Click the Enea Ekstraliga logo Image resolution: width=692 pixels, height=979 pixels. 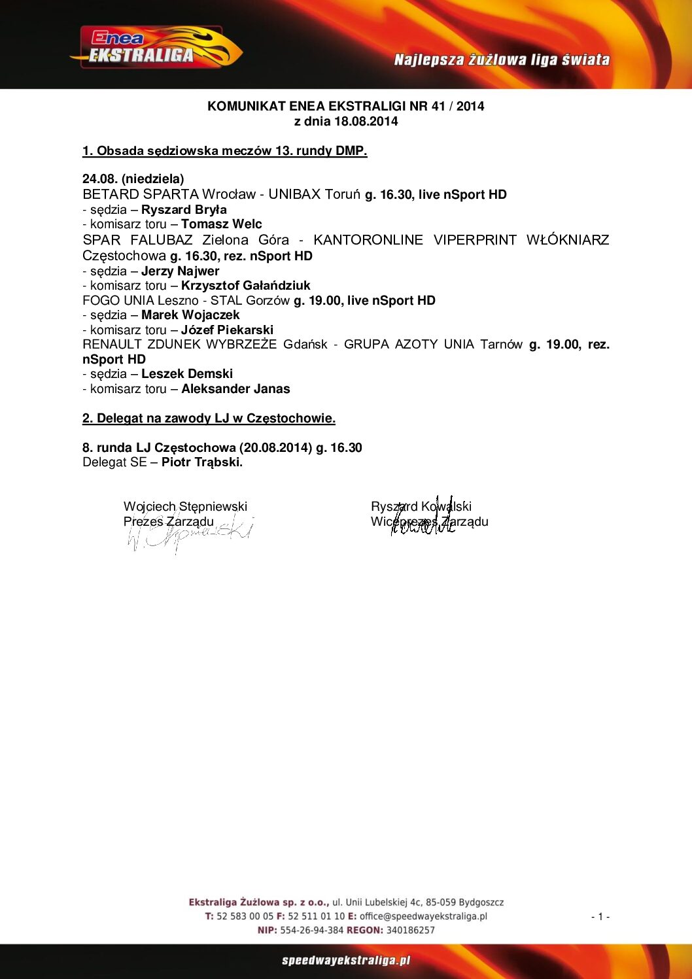tap(156, 48)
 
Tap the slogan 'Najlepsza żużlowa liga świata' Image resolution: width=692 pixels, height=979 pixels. tap(502, 60)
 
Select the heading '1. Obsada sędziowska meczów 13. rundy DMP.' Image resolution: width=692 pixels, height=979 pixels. tap(224, 151)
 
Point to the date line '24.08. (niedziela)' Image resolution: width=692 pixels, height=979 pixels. tap(133, 179)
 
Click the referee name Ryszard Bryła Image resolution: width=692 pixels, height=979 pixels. tap(184, 210)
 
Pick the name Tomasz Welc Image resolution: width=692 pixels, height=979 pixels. tap(221, 224)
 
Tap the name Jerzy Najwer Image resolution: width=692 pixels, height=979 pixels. tap(180, 271)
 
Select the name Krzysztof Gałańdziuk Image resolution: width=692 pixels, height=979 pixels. tap(245, 286)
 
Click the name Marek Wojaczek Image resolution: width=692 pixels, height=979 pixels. tap(190, 315)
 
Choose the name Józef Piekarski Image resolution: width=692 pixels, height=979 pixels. tap(227, 330)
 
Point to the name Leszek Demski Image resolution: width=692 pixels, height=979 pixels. tap(187, 374)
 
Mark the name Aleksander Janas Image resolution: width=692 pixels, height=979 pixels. tap(235, 389)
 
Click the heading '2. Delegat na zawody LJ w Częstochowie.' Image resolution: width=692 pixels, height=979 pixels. tap(209, 419)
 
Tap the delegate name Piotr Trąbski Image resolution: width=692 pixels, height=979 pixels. tap(201, 462)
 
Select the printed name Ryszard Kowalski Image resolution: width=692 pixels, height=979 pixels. tap(421, 506)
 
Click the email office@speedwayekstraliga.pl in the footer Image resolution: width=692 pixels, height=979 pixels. tap(423, 916)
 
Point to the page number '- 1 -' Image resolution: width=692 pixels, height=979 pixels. tap(600, 917)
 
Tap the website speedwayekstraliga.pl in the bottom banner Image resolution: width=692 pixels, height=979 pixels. tap(346, 961)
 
